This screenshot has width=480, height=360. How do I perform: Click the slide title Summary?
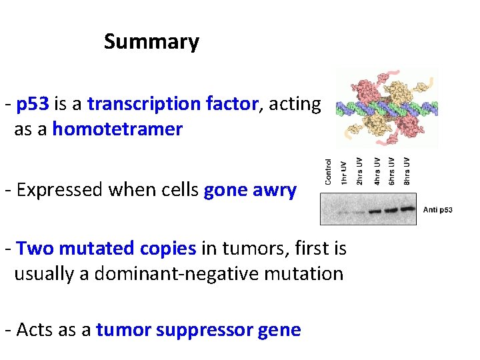coord(151,42)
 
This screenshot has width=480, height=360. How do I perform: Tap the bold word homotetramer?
coord(117,129)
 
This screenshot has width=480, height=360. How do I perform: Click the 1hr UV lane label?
coord(344,173)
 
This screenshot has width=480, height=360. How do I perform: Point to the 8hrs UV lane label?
coord(407,171)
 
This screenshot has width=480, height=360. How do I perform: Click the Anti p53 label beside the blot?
coord(438,210)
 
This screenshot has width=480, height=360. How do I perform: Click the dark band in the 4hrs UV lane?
coord(375,211)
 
